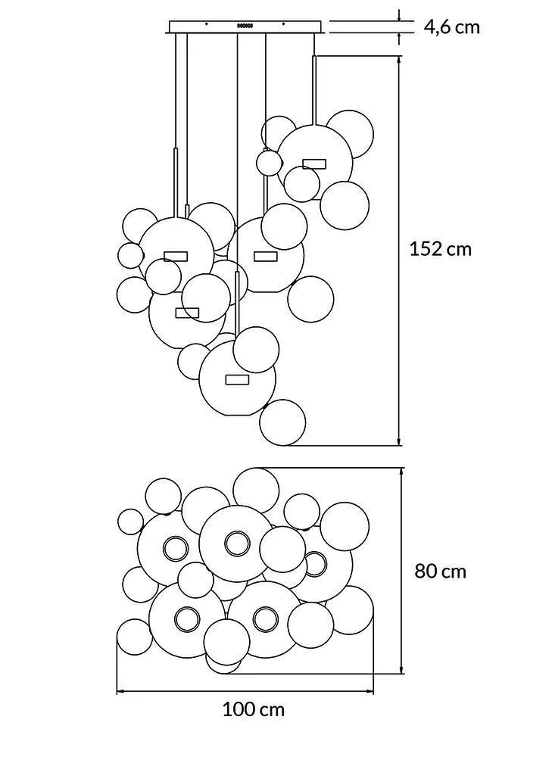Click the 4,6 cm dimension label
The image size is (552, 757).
click(452, 27)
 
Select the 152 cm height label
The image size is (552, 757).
click(440, 249)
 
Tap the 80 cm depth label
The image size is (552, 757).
click(441, 571)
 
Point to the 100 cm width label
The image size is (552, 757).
click(254, 710)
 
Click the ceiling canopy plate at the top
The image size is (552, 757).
click(245, 27)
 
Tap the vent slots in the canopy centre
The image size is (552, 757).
click(245, 26)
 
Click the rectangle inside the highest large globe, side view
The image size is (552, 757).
click(314, 164)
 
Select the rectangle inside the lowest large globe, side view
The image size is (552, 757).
click(237, 379)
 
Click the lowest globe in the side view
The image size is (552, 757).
click(282, 422)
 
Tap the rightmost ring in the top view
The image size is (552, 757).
click(315, 564)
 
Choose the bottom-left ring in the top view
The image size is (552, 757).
click(187, 619)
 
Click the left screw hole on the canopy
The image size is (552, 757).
click(207, 23)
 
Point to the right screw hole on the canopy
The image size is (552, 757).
click(283, 23)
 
